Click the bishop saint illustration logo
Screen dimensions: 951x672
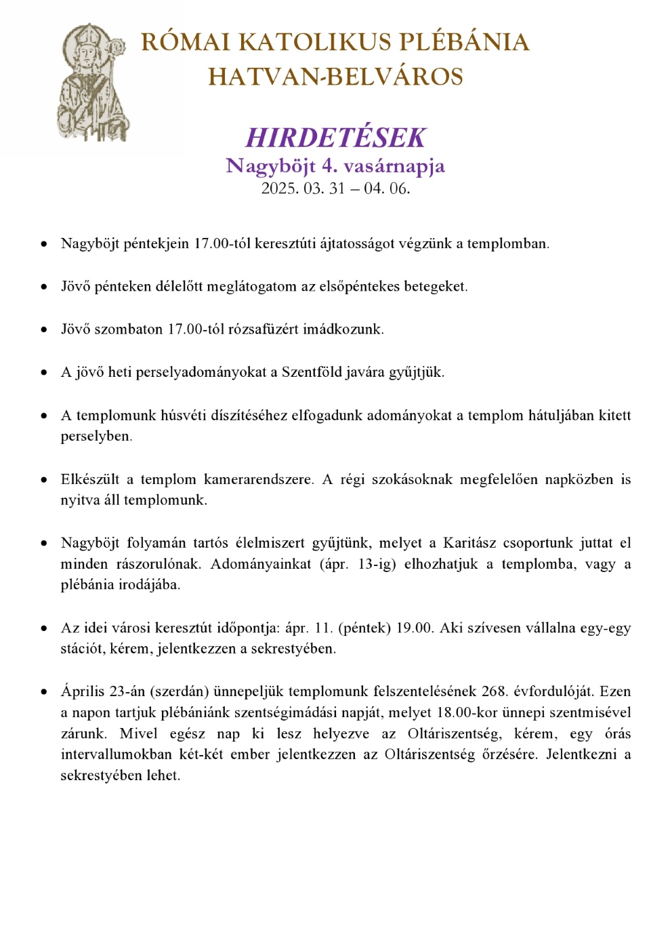pos(92,82)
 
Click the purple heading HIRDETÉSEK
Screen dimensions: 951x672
pos(335,138)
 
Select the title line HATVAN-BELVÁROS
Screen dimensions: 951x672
pos(335,77)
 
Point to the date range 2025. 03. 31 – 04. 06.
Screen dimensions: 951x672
pos(335,188)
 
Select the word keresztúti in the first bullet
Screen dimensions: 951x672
pos(285,243)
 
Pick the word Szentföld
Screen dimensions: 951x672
pos(314,372)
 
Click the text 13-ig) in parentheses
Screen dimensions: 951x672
pos(377,564)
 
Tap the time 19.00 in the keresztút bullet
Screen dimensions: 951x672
pos(414,628)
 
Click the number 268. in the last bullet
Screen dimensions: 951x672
pos(495,691)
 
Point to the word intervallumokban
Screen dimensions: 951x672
pos(116,754)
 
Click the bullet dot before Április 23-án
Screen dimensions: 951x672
pos(45,692)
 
